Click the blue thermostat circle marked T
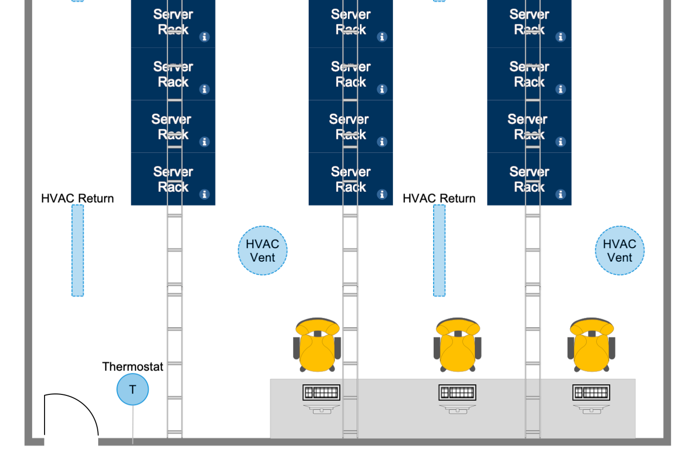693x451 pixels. (133, 389)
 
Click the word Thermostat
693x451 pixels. (133, 367)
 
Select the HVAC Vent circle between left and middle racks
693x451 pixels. (263, 251)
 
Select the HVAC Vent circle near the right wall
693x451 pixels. (620, 251)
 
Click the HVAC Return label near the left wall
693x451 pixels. (78, 198)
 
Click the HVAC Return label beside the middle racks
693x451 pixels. (439, 198)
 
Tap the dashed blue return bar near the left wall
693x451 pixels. (78, 251)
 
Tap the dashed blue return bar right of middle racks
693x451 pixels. (439, 251)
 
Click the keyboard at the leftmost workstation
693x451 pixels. (322, 393)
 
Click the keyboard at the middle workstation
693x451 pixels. (458, 393)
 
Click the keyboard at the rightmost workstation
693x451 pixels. (591, 393)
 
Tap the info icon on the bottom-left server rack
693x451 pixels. (205, 194)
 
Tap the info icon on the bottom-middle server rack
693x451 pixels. (382, 194)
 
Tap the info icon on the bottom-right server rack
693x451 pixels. (561, 194)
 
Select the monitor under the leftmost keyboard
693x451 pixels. (322, 409)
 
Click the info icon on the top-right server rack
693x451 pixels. (561, 37)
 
